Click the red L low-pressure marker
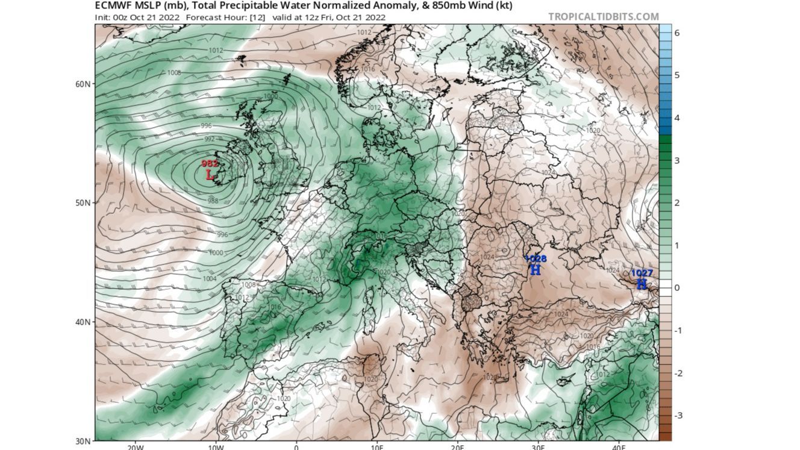tap(210, 175)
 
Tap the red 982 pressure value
tap(210, 164)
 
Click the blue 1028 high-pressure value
tap(536, 259)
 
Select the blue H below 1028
tap(535, 270)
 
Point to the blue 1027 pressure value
tap(642, 273)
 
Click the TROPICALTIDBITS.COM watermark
tap(603, 17)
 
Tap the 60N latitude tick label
tap(83, 84)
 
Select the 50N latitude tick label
tap(83, 202)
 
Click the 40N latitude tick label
tap(83, 322)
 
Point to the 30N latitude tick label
tap(83, 440)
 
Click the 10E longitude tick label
tap(377, 447)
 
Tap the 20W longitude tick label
tap(135, 447)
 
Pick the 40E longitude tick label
tap(619, 447)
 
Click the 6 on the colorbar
tap(677, 33)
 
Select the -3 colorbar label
tap(677, 416)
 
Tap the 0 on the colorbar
tap(677, 288)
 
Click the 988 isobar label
tap(213, 201)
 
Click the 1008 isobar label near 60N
tap(174, 73)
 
